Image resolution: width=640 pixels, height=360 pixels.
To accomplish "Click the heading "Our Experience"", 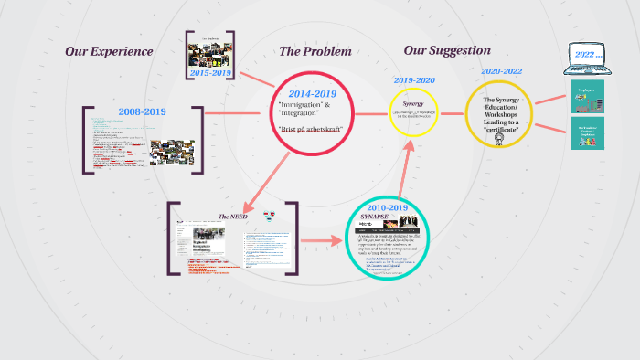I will pos(109,51).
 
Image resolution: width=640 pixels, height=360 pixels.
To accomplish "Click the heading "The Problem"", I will pos(315,51).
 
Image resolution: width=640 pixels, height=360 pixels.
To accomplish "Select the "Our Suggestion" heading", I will pos(447,50).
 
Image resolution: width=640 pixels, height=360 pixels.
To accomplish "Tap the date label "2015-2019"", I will pos(211,71).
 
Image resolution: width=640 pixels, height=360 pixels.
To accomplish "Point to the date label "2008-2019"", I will pos(143,111).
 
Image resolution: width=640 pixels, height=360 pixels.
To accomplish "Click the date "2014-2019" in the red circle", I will pos(313,94).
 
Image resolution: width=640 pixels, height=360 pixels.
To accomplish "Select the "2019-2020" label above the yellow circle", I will pos(414,80).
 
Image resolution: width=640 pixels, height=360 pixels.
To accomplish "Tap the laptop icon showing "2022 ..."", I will pos(588,59).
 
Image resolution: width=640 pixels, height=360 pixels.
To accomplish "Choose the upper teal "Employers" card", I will pos(589,94).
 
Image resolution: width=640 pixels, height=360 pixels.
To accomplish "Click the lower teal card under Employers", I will pos(589,132).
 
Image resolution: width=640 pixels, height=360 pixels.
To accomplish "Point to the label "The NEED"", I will pos(233,217).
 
